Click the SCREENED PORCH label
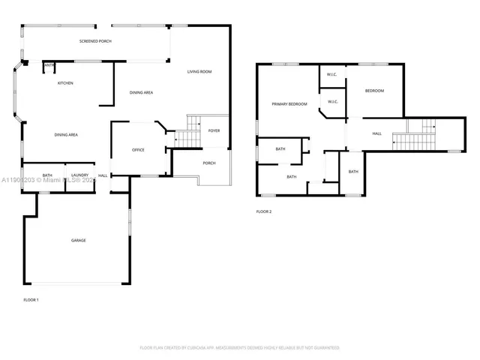coord(95,41)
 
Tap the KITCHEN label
coord(66,82)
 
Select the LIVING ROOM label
coord(199,72)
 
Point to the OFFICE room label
coord(138,151)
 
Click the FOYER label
coord(214,130)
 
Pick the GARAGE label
coord(79,241)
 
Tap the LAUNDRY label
coord(80,175)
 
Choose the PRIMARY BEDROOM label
coord(289,104)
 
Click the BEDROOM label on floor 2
coord(374,91)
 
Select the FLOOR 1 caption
coord(31,300)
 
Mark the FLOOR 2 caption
coord(264,212)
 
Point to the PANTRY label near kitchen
coord(49,66)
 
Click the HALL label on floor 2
coord(376,133)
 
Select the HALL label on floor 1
coord(103,175)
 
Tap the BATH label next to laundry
coord(46,175)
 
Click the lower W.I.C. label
coord(333,101)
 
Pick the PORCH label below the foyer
coord(209,163)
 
